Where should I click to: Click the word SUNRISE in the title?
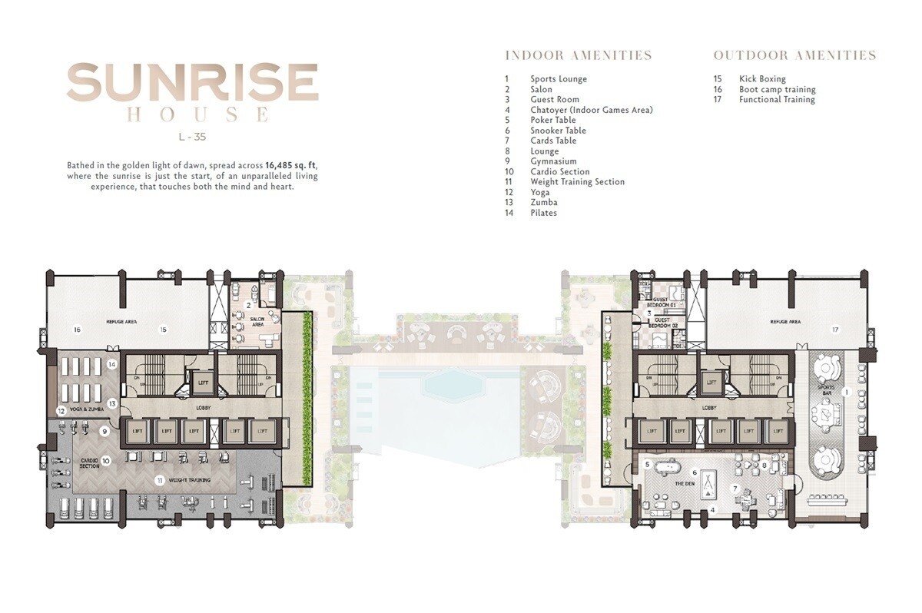click(x=192, y=82)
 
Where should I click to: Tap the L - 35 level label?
click(x=192, y=138)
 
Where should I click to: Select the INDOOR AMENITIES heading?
click(x=578, y=55)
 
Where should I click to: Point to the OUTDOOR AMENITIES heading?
click(x=794, y=55)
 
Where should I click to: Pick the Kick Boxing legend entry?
click(x=762, y=79)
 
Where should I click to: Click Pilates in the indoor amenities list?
click(x=543, y=213)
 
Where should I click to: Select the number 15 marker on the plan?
click(x=163, y=330)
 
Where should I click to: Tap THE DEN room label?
click(x=685, y=484)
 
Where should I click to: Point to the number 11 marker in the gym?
click(x=160, y=481)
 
